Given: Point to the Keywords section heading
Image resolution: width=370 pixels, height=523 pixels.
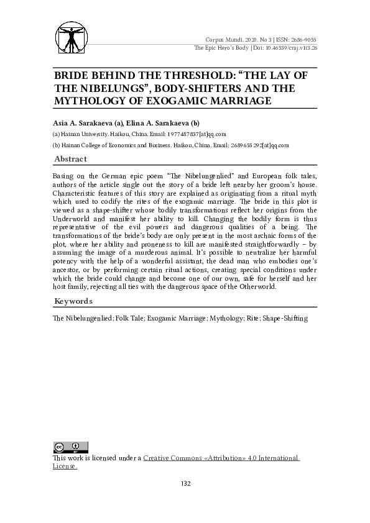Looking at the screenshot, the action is (x=73, y=301).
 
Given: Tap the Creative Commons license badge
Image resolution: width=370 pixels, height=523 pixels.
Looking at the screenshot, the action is (x=70, y=447).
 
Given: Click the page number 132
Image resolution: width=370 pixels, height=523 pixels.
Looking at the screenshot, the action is (x=185, y=484).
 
